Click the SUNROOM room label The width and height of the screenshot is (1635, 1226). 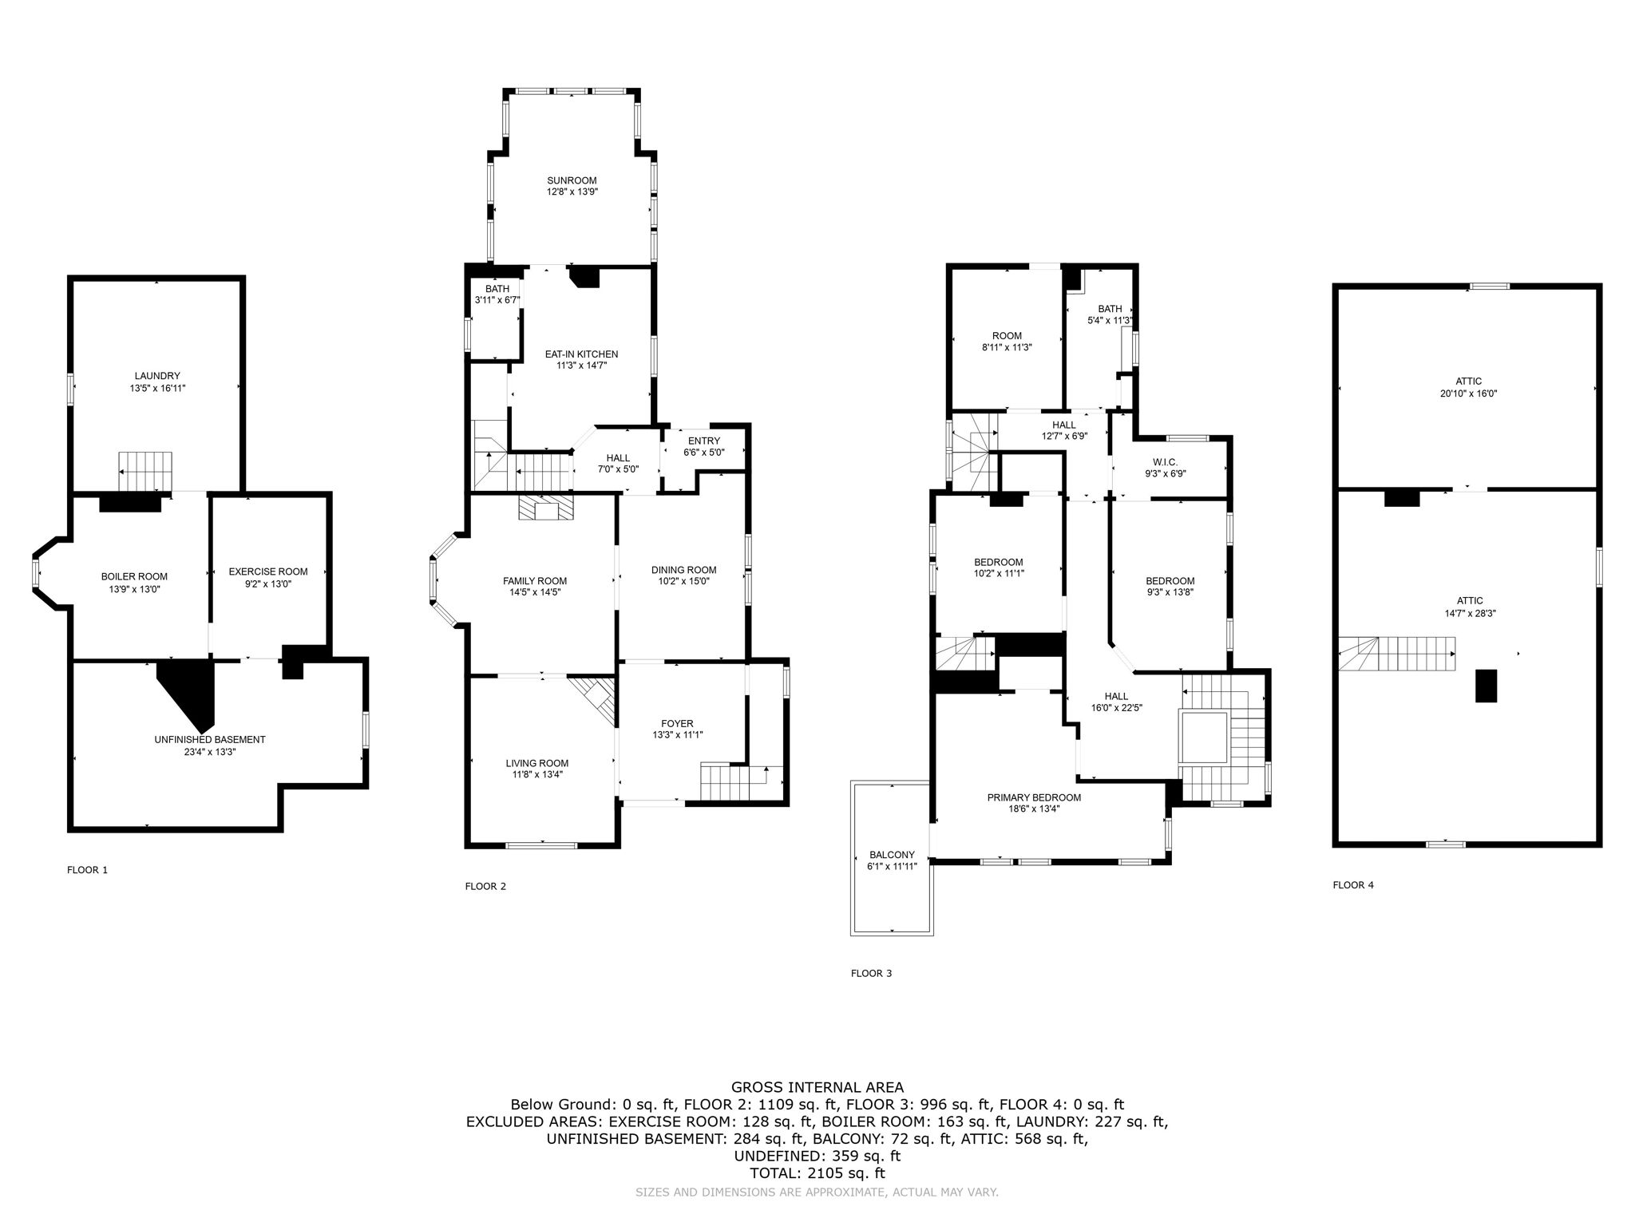click(572, 180)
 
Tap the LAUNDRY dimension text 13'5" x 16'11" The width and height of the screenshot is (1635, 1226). click(157, 388)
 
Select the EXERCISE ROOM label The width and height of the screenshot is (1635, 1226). click(267, 571)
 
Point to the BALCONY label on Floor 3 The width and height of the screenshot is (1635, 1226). click(892, 854)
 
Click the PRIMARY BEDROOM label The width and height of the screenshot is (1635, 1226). click(1034, 797)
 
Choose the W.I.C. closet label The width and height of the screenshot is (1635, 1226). click(1165, 462)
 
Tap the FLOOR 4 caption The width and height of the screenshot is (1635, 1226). click(1352, 884)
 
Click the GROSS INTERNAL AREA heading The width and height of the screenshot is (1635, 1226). click(817, 1087)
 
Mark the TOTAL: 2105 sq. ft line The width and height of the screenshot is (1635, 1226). click(817, 1173)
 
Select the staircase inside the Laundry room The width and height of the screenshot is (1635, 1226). click(145, 471)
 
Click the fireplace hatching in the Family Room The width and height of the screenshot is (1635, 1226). click(545, 508)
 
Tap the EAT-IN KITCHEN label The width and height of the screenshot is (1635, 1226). click(581, 354)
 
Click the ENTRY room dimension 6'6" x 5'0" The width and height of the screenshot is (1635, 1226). click(703, 453)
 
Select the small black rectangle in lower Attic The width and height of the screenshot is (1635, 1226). click(1486, 686)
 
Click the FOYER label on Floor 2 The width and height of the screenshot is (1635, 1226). click(677, 724)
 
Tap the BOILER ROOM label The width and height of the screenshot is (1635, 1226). click(134, 576)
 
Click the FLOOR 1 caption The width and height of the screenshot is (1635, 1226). click(87, 870)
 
